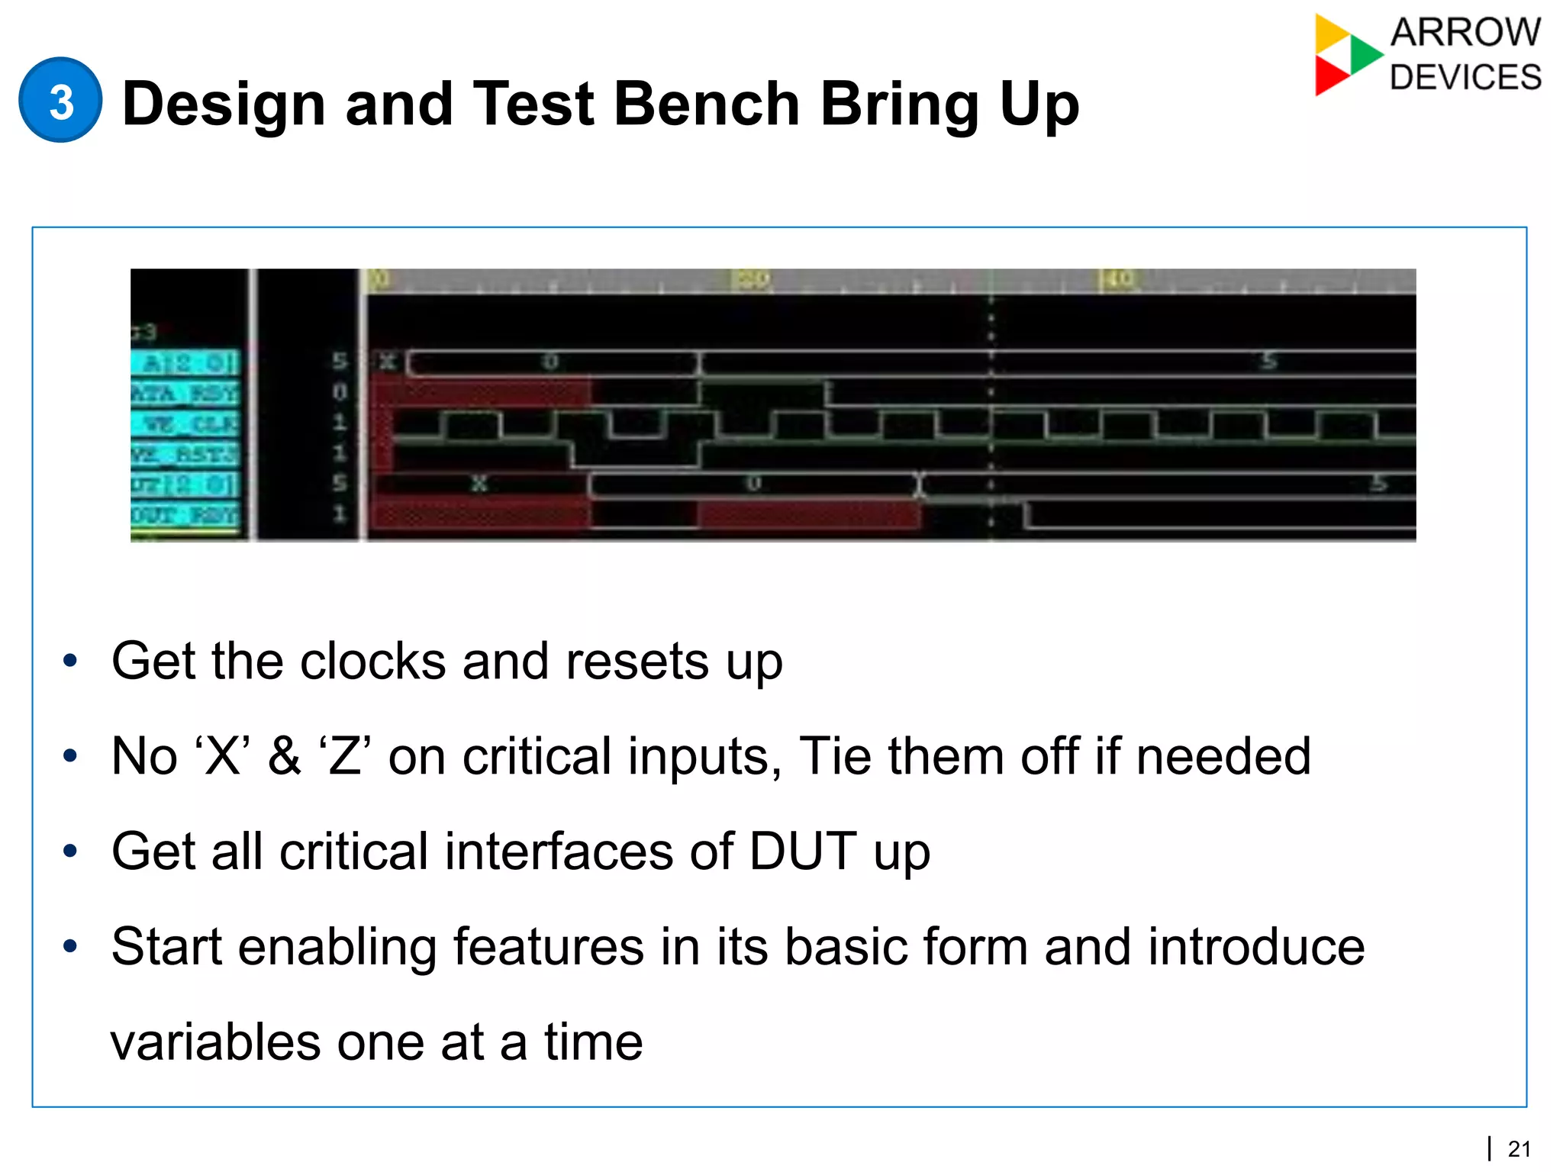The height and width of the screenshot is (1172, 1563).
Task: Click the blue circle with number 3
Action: tap(60, 101)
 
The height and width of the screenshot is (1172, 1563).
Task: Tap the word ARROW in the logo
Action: tap(1465, 33)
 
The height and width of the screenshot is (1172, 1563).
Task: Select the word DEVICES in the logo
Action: tap(1465, 77)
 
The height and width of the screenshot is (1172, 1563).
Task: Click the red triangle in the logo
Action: tap(1329, 76)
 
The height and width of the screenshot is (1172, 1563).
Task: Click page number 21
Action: tap(1519, 1148)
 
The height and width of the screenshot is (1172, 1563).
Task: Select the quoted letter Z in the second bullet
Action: tap(345, 756)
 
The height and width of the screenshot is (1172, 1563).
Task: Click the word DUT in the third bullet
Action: tap(802, 852)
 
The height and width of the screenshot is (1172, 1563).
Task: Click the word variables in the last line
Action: tap(215, 1042)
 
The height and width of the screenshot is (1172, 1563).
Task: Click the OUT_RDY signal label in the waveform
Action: tap(185, 515)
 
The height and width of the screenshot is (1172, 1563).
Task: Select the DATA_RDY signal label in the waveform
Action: tap(185, 393)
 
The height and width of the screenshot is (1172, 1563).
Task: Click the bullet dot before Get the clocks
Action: tap(70, 661)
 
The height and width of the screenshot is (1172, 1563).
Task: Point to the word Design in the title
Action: tap(223, 104)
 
